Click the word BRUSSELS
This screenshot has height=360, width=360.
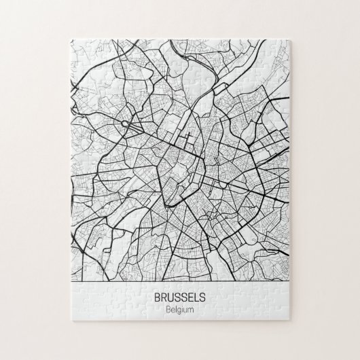coord(179,298)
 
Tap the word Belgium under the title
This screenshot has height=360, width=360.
coord(179,310)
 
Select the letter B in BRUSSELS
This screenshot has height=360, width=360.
coord(158,298)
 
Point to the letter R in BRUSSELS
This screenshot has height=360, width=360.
coord(165,298)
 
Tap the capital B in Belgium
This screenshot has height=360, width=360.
coord(167,310)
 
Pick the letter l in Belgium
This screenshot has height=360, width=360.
coord(175,310)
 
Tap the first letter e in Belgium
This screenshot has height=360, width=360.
coord(171,310)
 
